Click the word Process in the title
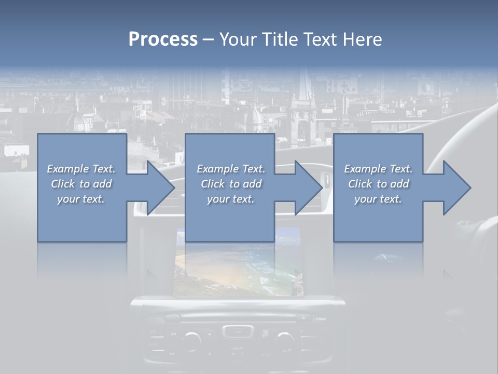tap(163, 39)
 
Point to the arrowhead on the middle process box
tap(308, 188)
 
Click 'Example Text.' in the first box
tap(81, 169)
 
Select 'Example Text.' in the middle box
tap(231, 169)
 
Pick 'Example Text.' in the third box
tap(378, 169)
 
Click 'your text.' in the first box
tap(81, 199)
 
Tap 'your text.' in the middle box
tap(231, 199)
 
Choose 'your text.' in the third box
tap(378, 199)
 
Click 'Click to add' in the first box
tap(81, 184)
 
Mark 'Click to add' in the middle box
tap(231, 184)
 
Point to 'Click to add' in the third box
tap(378, 184)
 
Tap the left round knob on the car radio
tap(191, 340)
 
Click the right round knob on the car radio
tap(284, 340)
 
